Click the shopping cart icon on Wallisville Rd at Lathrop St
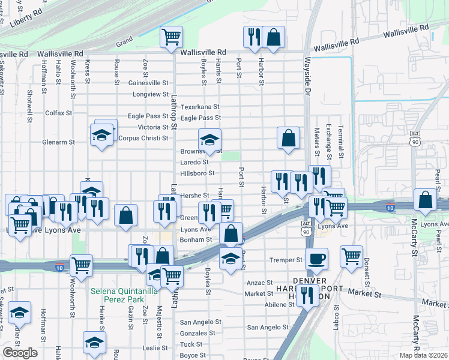171,37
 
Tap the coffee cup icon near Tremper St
316,259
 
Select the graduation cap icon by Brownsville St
209,140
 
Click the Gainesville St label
149,83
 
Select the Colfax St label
58,112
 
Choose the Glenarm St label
58,142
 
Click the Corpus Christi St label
143,138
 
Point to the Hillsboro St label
197,173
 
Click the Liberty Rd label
27,19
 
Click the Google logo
20,352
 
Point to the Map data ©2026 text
423,355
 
